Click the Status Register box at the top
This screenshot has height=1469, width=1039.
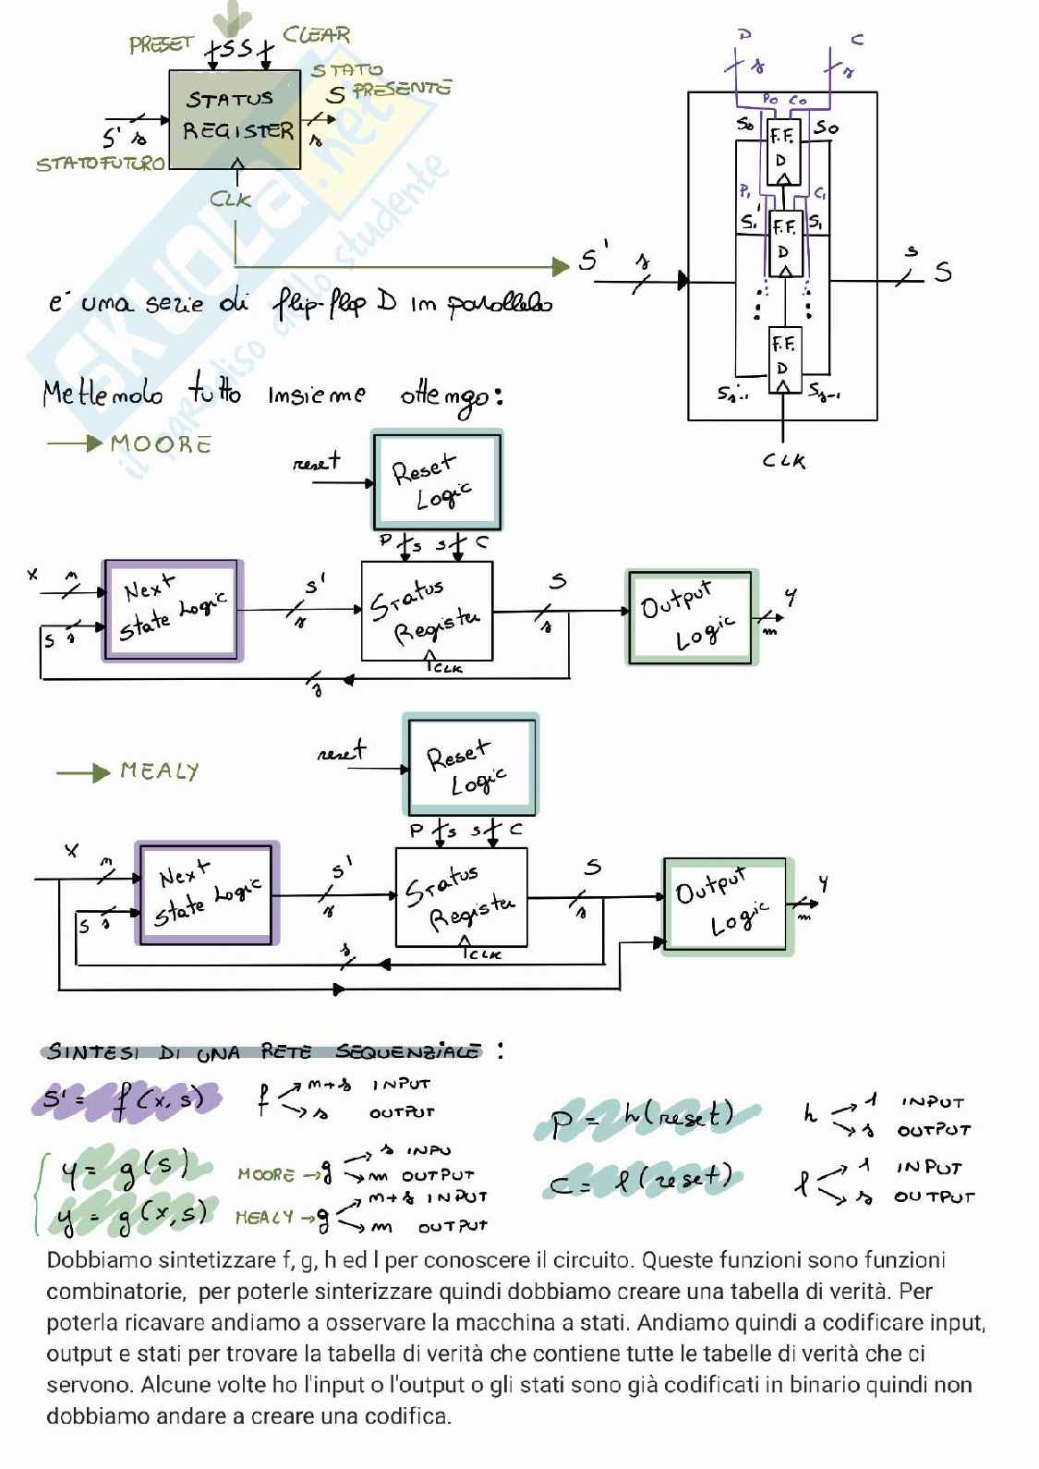tap(235, 119)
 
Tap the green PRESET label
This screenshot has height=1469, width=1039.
tap(161, 44)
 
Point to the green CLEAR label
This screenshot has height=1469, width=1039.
tap(317, 35)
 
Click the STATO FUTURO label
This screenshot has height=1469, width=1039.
tap(100, 164)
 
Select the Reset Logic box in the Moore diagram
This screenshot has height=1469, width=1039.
tap(437, 480)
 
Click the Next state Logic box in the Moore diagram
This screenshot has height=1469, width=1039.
tap(173, 611)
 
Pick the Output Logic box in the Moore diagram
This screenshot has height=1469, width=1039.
tap(692, 616)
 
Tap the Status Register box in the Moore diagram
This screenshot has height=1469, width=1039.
tap(426, 611)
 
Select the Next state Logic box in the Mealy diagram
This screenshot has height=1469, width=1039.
tap(207, 893)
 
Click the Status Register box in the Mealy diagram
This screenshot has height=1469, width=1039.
tap(461, 897)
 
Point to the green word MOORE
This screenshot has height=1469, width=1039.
tap(161, 444)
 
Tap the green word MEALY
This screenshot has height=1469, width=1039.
tap(159, 771)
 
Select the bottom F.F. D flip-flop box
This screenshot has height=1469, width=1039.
tap(783, 358)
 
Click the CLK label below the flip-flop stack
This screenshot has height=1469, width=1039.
tap(783, 460)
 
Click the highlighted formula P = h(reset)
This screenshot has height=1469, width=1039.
tap(644, 1118)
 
